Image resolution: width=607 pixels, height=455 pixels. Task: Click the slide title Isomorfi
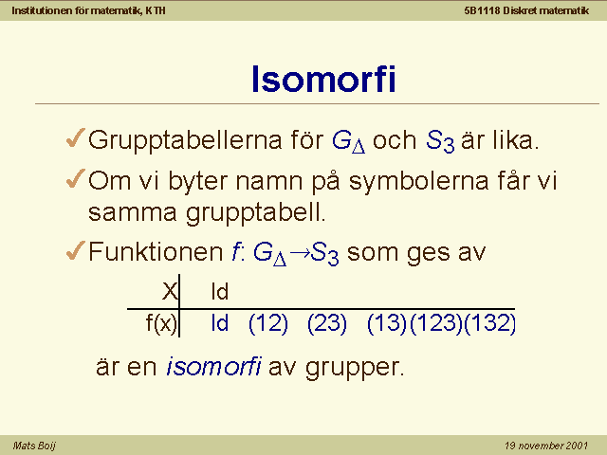point(323,79)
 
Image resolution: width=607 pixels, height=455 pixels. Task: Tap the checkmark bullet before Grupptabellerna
point(76,138)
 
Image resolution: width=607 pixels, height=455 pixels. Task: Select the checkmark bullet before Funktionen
point(76,250)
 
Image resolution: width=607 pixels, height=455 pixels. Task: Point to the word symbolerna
point(419,181)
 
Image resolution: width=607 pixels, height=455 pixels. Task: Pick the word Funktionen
point(156,252)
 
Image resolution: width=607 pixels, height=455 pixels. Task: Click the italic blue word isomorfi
point(213,366)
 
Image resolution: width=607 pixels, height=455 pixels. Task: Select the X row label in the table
point(170,291)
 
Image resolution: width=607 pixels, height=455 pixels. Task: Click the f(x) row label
point(161,323)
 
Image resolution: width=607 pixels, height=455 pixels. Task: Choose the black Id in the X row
point(219,292)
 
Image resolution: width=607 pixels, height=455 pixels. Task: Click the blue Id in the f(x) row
point(219,323)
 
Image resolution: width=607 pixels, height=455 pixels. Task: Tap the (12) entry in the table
point(268,323)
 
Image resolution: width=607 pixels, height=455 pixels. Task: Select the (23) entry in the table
point(327,323)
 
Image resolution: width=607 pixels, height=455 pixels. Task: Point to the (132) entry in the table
point(489,323)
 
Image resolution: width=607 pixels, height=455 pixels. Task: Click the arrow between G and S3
point(300,253)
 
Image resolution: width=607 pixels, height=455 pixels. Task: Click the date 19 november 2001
point(546,446)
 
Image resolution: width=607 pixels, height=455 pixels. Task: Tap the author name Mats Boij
point(34,446)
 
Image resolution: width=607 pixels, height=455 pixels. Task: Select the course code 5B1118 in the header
point(483,10)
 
